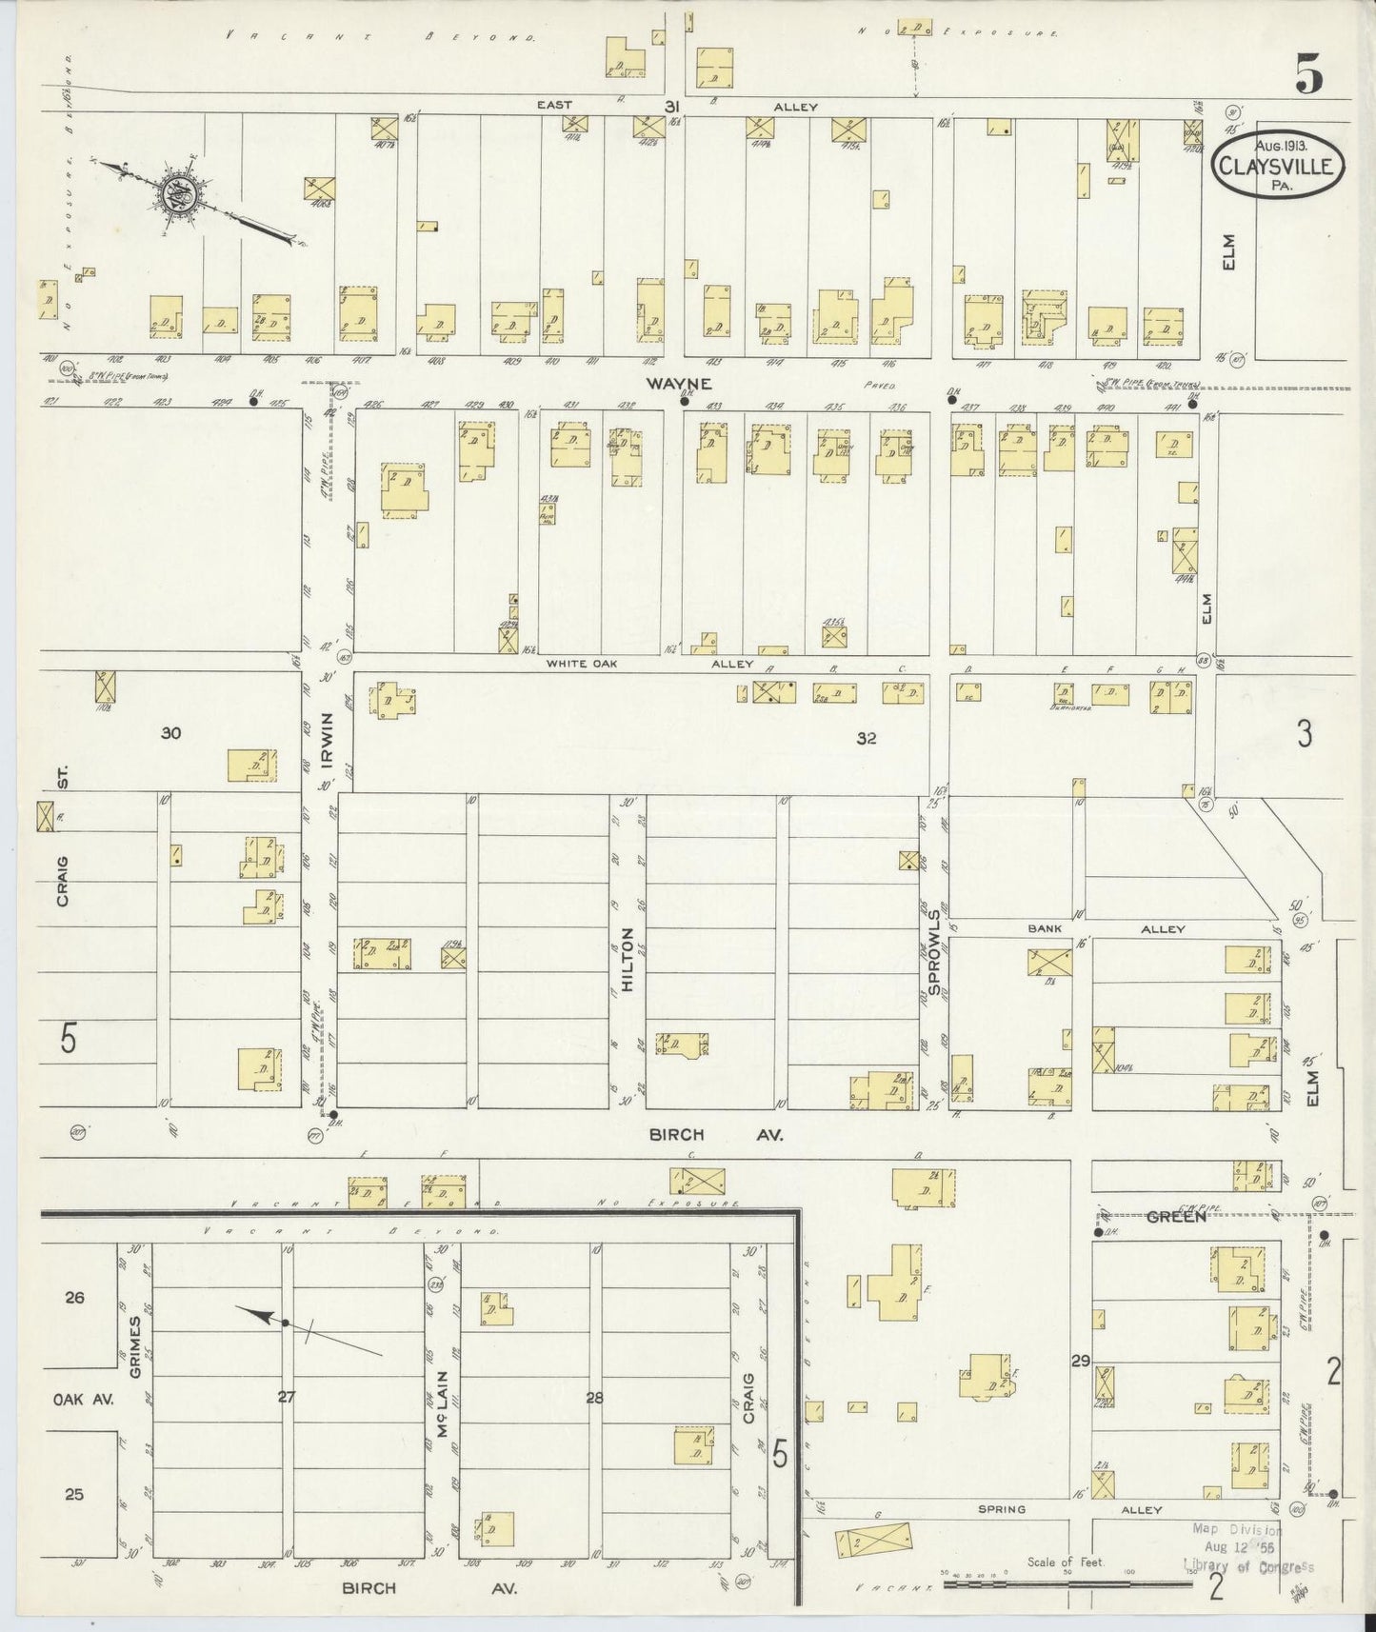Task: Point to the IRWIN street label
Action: click(x=327, y=741)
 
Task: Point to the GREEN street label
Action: click(x=1175, y=1216)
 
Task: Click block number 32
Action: click(x=866, y=737)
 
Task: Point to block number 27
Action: click(x=287, y=1397)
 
